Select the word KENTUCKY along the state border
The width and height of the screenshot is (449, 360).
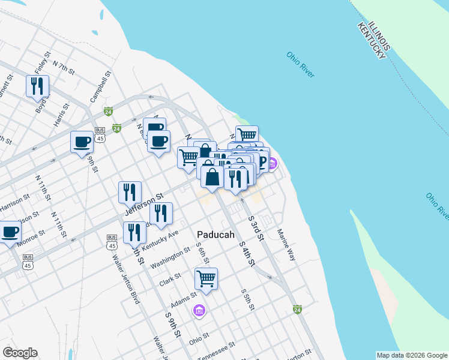pyautogui.click(x=370, y=41)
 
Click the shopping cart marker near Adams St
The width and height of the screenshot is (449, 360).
pyautogui.click(x=206, y=278)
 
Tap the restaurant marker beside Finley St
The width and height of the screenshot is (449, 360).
pyautogui.click(x=38, y=86)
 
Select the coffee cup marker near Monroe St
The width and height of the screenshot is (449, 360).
pyautogui.click(x=10, y=231)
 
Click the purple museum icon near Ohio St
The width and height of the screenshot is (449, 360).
pyautogui.click(x=199, y=310)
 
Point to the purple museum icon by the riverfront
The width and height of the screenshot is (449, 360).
pyautogui.click(x=271, y=163)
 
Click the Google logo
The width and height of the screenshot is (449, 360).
pyautogui.click(x=20, y=353)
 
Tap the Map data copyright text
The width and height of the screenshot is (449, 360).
pyautogui.click(x=411, y=355)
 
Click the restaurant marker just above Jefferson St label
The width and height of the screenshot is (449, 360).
pyautogui.click(x=130, y=192)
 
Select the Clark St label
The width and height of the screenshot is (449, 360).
pyautogui.click(x=170, y=280)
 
